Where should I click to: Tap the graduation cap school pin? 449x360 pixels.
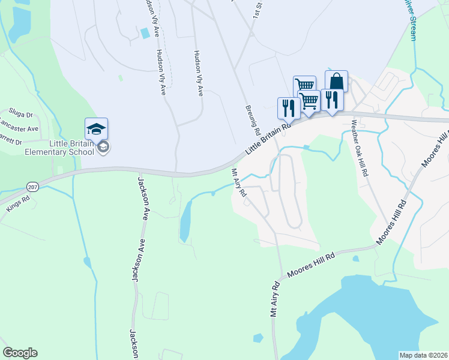(x=96, y=128)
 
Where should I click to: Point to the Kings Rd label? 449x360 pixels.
(x=17, y=202)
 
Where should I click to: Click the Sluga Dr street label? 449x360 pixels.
(x=20, y=113)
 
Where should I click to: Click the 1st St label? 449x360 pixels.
(x=258, y=8)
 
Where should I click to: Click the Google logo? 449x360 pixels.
(x=20, y=353)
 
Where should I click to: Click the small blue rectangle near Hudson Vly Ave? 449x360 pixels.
(x=144, y=32)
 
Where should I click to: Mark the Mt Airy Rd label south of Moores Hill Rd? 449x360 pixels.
(x=275, y=298)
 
